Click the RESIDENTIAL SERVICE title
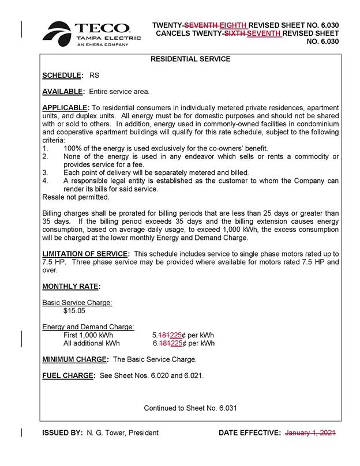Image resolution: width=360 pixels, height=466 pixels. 190,59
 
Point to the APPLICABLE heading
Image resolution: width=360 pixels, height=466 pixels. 66,108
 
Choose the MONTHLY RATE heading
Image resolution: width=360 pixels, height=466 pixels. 71,286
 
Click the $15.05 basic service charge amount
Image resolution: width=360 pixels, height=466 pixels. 74,310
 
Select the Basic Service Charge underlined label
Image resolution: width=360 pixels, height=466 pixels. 77,302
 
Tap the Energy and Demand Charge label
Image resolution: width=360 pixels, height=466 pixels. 88,327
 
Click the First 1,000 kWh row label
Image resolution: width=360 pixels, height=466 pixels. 88,335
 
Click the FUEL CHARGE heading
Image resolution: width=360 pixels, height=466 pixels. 68,375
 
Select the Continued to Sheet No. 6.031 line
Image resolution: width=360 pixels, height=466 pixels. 190,408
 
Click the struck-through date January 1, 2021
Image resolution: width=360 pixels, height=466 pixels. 310,433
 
